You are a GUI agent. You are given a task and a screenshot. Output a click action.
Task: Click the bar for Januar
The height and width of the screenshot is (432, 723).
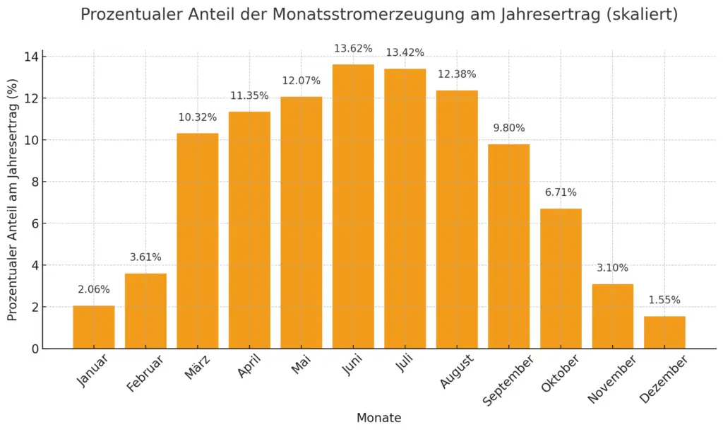tap(94, 327)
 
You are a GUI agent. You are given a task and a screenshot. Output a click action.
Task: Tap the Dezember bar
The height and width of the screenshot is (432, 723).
tap(664, 332)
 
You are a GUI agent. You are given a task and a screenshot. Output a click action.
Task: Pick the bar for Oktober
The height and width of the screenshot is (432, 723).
tap(561, 279)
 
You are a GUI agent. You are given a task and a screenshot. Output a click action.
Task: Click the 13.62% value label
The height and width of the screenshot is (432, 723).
tap(353, 49)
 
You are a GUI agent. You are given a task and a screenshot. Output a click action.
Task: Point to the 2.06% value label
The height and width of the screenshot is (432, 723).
tap(94, 289)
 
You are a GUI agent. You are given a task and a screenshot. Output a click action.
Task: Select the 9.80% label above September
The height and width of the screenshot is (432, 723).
tap(509, 128)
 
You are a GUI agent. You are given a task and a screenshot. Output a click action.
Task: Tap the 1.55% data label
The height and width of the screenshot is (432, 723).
tap(664, 300)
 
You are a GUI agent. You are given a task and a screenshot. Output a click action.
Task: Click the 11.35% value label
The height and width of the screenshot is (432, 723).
tap(249, 95)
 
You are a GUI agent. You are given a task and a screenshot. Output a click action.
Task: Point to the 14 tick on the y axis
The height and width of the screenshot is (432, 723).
tap(29, 57)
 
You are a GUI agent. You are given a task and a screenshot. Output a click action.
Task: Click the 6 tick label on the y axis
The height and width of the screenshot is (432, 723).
tap(32, 223)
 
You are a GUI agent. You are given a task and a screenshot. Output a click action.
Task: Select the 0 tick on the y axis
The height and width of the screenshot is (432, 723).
tap(32, 349)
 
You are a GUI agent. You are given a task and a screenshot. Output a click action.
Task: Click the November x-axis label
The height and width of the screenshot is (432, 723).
tap(611, 379)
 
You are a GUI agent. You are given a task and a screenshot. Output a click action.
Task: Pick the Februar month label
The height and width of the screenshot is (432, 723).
tap(145, 373)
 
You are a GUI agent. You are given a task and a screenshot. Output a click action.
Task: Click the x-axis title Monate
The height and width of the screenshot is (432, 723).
tap(378, 418)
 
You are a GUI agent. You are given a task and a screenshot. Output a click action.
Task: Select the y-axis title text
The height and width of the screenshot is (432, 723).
tap(13, 200)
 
